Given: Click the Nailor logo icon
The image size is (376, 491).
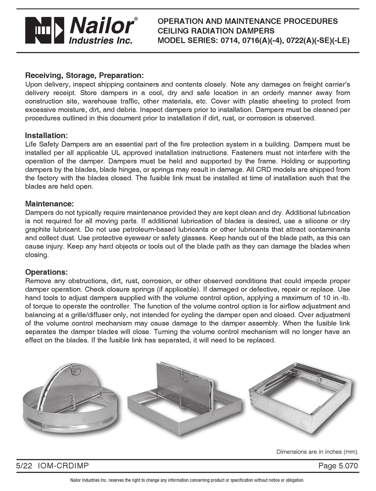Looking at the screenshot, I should pos(44,30).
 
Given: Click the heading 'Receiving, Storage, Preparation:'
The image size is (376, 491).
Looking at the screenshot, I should pos(84,75).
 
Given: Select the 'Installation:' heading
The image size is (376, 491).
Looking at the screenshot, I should pos(47,135).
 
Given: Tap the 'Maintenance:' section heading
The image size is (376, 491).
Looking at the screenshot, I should pos(49,204).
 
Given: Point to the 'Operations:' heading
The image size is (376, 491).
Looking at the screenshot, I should pos(47,272).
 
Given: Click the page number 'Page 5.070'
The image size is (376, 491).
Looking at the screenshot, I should pos(338,466).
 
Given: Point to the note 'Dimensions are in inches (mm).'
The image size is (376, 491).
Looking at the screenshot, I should pos(317,451).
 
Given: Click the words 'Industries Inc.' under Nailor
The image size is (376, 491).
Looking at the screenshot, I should pos(101,40).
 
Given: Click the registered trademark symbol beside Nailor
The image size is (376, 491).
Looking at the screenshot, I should pos(136,19).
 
